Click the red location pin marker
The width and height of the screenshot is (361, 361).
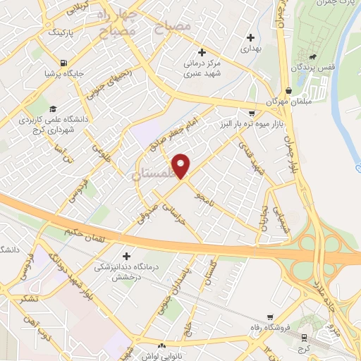[x=182, y=166]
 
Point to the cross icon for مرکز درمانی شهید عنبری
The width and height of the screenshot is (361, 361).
[x=202, y=52]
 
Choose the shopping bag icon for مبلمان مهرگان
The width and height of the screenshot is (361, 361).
[x=289, y=90]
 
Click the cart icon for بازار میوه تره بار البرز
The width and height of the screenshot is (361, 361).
[x=252, y=113]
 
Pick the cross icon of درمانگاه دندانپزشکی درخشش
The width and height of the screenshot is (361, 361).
[x=127, y=256]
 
